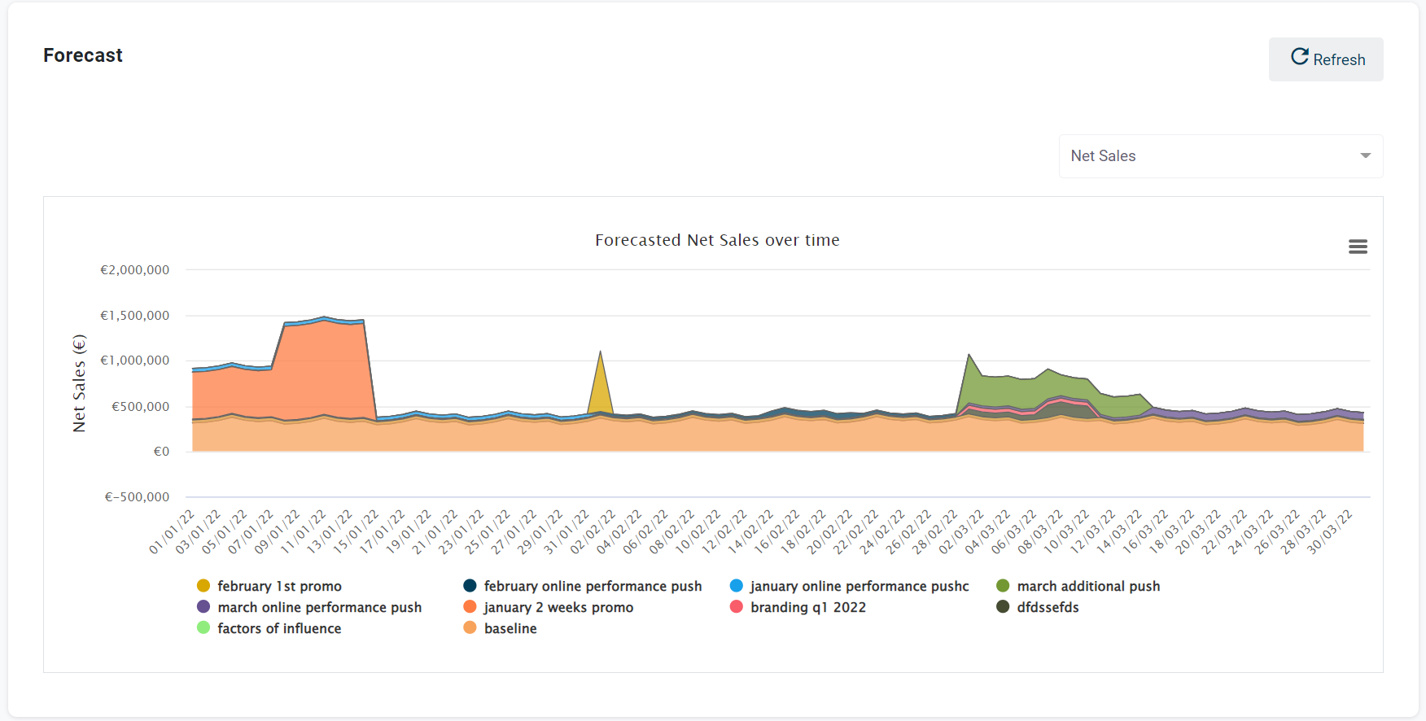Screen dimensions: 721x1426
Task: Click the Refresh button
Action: tap(1326, 59)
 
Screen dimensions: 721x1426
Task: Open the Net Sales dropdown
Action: tap(1220, 156)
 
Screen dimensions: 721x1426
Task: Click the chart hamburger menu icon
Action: tap(1358, 247)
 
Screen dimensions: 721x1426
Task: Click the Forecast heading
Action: tap(83, 55)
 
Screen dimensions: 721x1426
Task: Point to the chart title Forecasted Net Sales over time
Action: tap(717, 240)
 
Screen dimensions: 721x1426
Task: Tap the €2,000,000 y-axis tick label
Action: tap(134, 270)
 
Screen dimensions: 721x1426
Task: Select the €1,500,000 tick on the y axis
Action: tap(134, 316)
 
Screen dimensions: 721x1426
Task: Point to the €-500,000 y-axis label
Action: tap(137, 497)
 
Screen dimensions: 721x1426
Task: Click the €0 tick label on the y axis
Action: tap(161, 452)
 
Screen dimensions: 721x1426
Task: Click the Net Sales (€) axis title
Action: tap(79, 382)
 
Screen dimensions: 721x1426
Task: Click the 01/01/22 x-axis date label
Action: tap(172, 532)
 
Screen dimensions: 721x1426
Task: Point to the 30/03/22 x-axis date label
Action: tap(1329, 532)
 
